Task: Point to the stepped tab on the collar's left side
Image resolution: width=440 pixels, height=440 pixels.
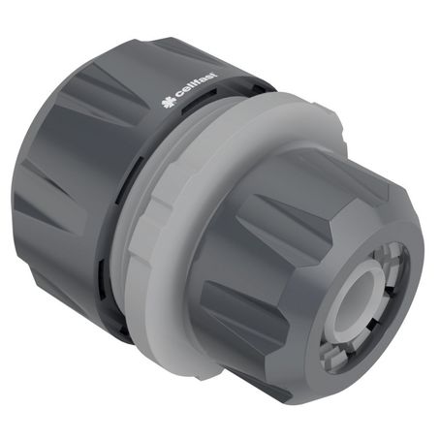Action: click(136, 234)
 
